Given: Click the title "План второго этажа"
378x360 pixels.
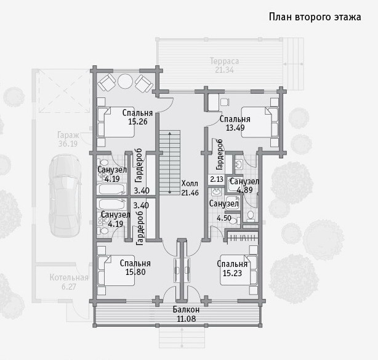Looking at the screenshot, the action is point(315,17).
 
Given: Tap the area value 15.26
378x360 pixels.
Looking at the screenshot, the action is point(138,121).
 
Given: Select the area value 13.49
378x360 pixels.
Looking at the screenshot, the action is point(235,128).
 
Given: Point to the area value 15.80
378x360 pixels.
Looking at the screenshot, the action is point(135,272).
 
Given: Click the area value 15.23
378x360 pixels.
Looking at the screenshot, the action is point(232,273).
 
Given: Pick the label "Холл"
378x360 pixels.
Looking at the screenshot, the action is point(190,184).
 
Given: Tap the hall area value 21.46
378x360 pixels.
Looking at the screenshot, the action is point(190,192).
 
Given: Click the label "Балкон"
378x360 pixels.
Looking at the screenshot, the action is point(186,309).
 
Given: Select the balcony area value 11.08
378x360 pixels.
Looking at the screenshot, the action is point(187,319).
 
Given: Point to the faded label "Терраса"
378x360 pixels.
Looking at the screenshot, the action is point(225,61).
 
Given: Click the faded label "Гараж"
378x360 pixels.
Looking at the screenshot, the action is point(68,136).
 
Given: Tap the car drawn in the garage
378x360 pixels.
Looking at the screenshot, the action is point(65,195).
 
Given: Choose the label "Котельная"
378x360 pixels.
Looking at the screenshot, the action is point(69,277).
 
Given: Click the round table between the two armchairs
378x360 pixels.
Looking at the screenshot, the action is point(126,81).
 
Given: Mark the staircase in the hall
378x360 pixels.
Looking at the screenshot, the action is point(170,163).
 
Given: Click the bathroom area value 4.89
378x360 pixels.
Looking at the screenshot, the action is point(244,190).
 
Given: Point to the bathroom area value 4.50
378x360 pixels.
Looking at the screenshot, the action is point(224,218).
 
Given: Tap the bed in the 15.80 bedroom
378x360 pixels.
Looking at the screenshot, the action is point(116,271).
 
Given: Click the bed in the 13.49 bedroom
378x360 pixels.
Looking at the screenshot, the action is point(260,122).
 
